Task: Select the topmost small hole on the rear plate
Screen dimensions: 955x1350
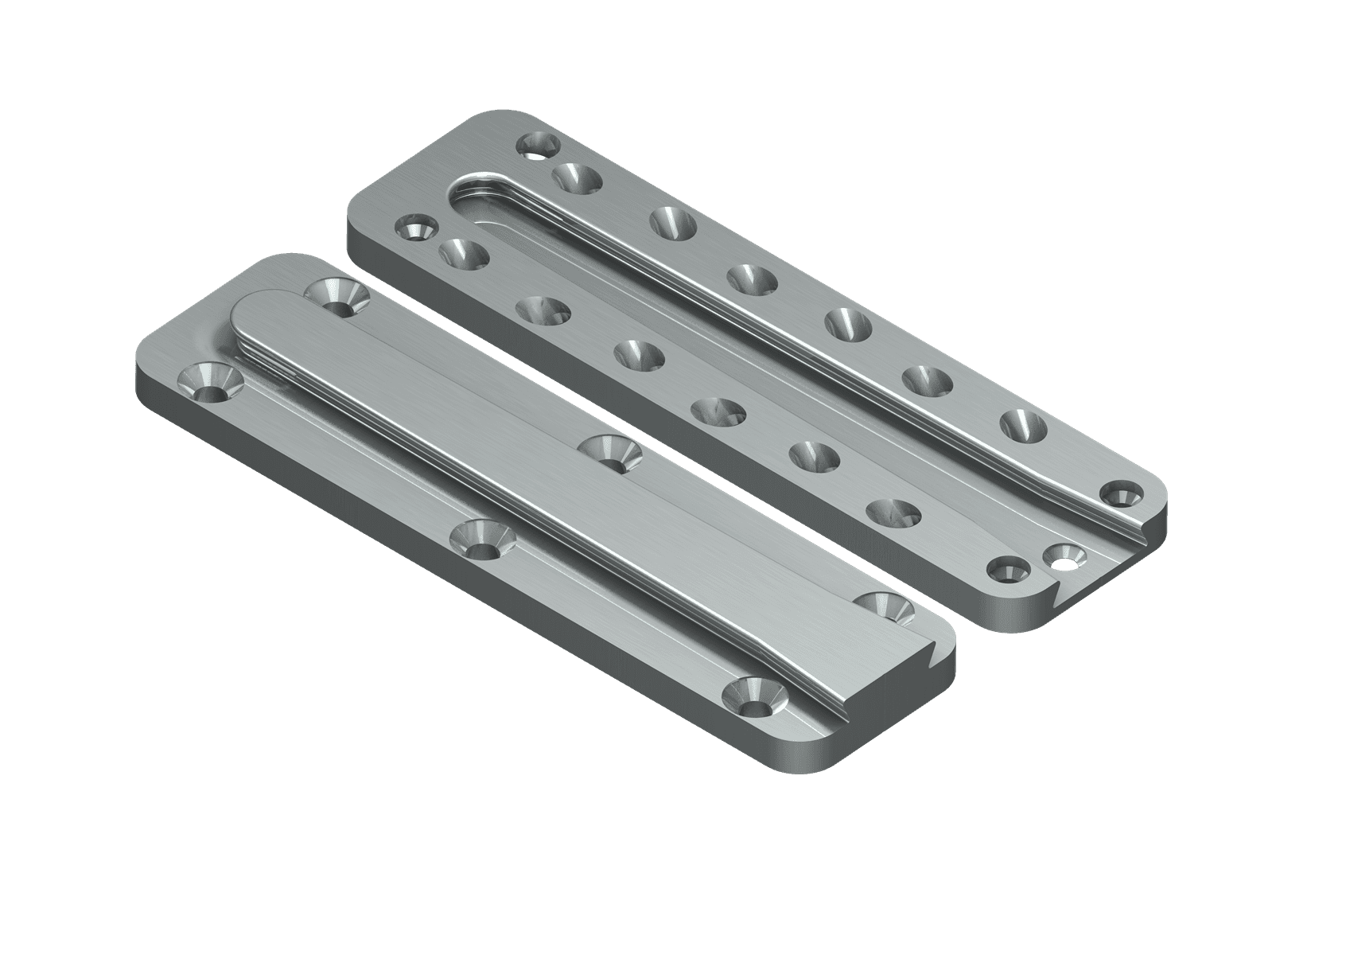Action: [538, 146]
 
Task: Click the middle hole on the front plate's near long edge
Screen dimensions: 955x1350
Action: [480, 538]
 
